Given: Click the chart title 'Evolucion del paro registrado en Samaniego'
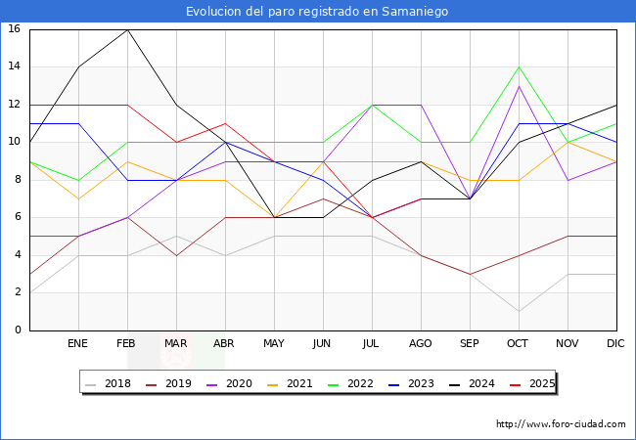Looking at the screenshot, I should pos(317,12).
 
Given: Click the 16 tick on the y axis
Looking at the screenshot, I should pos(15,29).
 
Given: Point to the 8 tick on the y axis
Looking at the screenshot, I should pos(18,180).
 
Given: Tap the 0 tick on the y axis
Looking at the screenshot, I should pos(18,330).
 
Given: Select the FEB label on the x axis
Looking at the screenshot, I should pos(127,344).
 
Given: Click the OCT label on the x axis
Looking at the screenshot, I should pos(519,344).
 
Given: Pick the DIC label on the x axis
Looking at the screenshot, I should pos(616,344).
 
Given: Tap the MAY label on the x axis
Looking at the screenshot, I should pos(274,344).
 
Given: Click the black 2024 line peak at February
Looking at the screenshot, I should pos(127,29).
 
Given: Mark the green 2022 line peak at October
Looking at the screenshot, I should pos(519,66).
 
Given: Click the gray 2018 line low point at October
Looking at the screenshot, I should pos(519,312).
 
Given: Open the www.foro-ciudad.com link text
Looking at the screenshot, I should pos(561,424).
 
